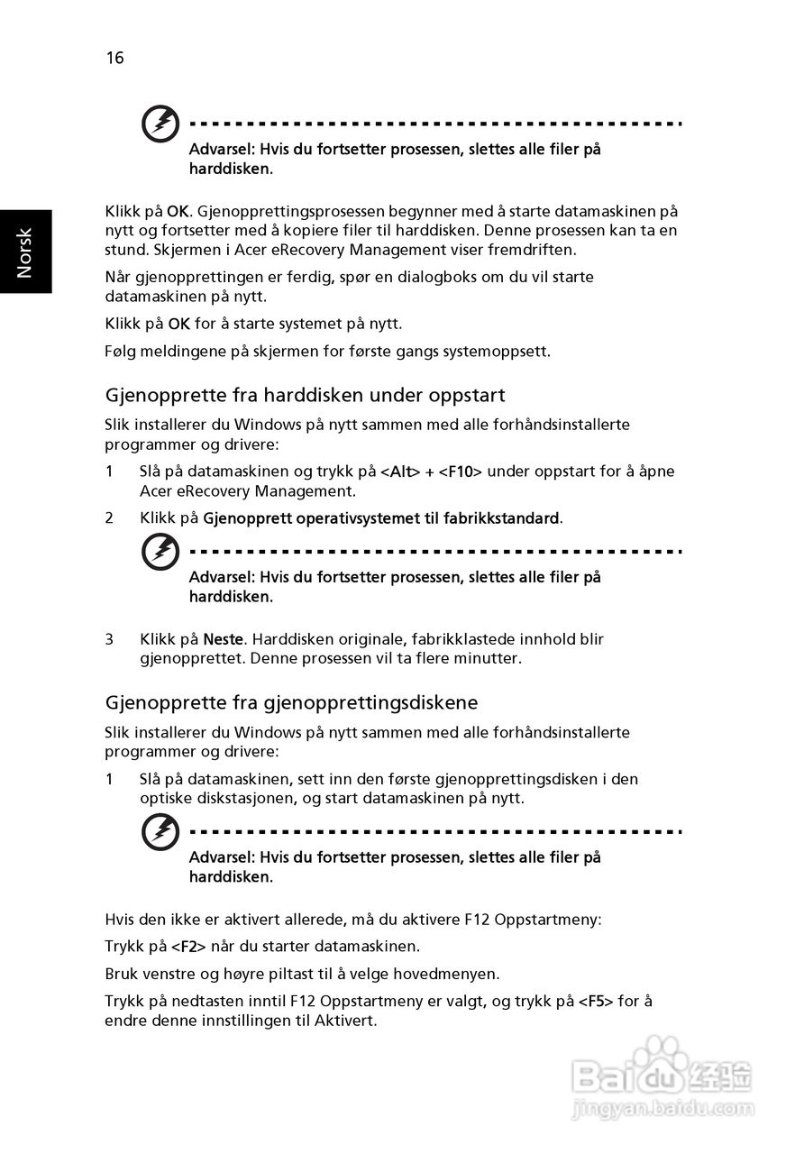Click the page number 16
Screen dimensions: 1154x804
(x=114, y=59)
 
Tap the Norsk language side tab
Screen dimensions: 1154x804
(x=25, y=252)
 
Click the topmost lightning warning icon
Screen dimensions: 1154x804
(x=160, y=124)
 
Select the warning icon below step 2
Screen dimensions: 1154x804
(x=160, y=551)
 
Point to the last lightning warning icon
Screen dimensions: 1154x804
(x=160, y=831)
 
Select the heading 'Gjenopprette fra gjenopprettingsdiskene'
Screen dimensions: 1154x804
(x=291, y=701)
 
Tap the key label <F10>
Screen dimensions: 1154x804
(x=461, y=472)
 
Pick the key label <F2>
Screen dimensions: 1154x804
(x=188, y=947)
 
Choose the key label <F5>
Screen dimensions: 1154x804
(x=596, y=1002)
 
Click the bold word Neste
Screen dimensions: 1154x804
(x=223, y=639)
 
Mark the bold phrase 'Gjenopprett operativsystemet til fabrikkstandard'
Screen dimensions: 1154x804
(x=380, y=518)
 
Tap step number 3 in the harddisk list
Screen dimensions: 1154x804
(x=109, y=639)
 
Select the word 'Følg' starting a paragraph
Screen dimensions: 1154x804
(x=121, y=351)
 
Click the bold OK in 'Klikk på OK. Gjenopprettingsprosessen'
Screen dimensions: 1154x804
(x=178, y=212)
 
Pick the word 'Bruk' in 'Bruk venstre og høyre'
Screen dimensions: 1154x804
(x=122, y=974)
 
